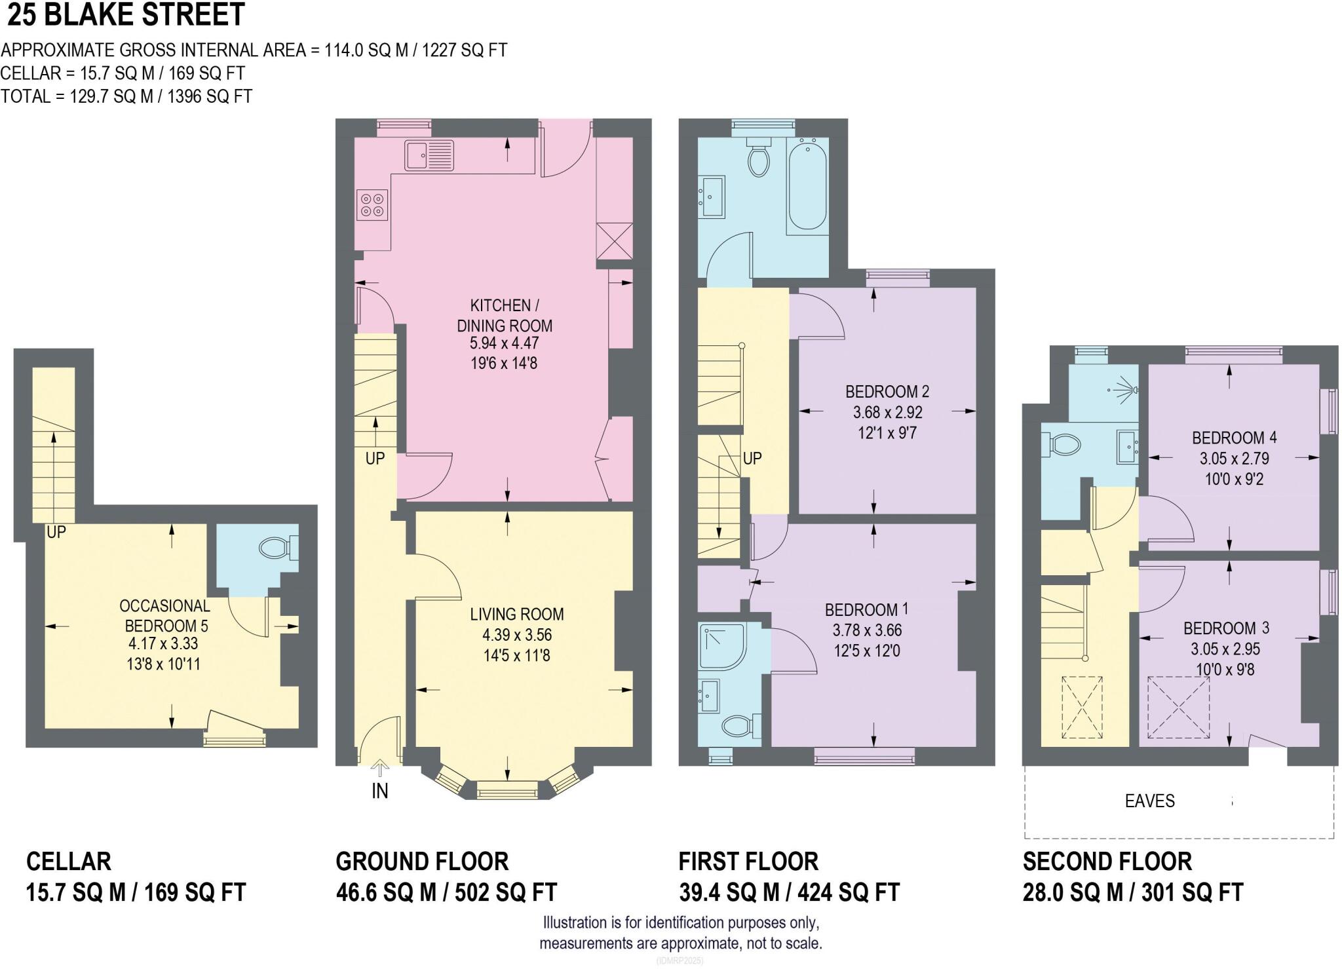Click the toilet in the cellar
click(x=279, y=547)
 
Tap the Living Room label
click(x=517, y=615)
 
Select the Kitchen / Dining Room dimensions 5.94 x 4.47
click(x=504, y=343)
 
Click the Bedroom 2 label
click(x=887, y=392)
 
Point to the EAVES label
click(x=1150, y=801)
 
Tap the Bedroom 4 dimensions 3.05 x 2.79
click(x=1235, y=458)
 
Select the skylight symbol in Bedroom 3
click(x=1178, y=708)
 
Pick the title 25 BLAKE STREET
click(x=126, y=15)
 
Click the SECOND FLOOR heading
click(x=1107, y=862)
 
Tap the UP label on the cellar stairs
click(x=56, y=532)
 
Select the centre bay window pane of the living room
click(x=507, y=792)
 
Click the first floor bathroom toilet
click(x=759, y=157)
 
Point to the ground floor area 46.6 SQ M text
click(x=386, y=892)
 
